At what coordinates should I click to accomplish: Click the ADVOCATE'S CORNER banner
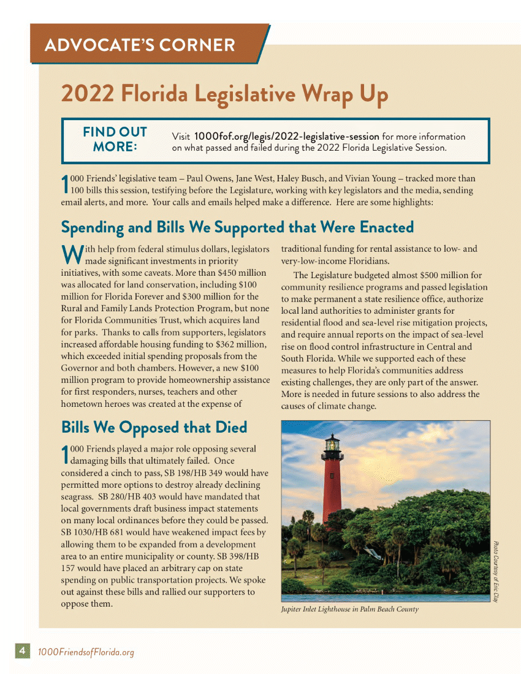[x=140, y=44]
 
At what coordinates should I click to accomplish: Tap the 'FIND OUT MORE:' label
[x=115, y=140]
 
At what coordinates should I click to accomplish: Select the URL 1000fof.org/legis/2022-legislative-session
[x=286, y=136]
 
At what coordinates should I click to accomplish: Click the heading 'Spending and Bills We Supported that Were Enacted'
[x=237, y=227]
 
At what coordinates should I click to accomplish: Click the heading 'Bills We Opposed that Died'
[x=154, y=426]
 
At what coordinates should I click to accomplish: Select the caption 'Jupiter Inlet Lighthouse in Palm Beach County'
[x=349, y=609]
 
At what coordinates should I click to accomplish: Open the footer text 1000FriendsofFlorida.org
[x=85, y=652]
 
